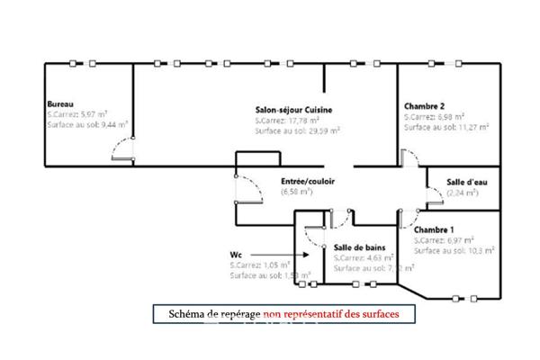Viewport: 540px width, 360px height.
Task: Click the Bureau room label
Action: pos(61,103)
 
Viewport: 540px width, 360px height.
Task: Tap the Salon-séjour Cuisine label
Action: pos(293,110)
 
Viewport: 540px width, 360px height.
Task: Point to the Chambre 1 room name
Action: pos(434,229)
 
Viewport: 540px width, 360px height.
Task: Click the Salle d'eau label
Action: pos(466,183)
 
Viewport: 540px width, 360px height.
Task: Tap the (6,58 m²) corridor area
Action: pos(296,192)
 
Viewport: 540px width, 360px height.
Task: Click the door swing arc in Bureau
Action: pos(124,150)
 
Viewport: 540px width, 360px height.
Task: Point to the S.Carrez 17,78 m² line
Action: pos(293,121)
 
